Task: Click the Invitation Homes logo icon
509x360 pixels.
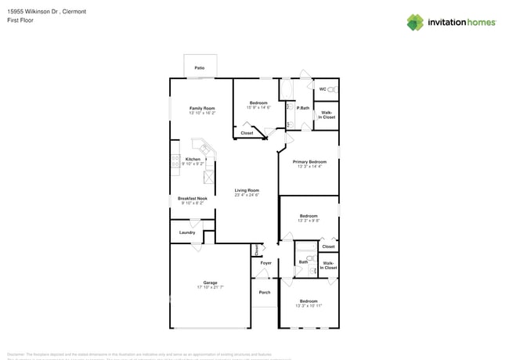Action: [x=415, y=22]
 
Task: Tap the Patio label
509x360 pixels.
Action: [x=200, y=69]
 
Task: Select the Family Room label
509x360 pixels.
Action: [x=202, y=108]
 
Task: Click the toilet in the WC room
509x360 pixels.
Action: [x=331, y=89]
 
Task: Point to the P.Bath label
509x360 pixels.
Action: [x=302, y=108]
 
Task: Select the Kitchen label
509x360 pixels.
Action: [x=193, y=159]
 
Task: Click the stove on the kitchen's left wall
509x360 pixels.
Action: [x=175, y=162]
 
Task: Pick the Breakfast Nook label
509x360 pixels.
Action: [x=192, y=199]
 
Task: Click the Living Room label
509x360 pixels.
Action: [x=247, y=190]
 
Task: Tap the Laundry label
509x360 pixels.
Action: [x=187, y=232]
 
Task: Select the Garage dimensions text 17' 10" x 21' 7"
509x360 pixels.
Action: [x=211, y=287]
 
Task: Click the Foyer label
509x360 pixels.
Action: [x=265, y=263]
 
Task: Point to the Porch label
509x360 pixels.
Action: [x=265, y=293]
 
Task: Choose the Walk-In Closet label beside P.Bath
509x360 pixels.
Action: [x=327, y=114]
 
